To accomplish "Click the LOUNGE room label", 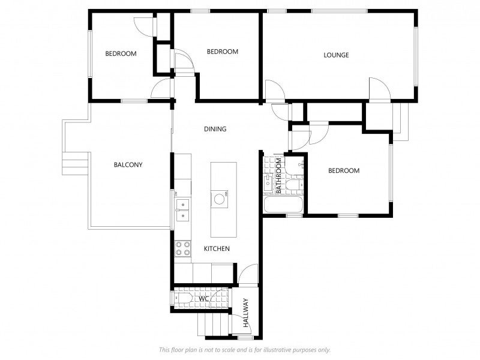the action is coord(336,55).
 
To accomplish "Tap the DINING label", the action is coord(215,129).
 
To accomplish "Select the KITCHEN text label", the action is coord(217,248).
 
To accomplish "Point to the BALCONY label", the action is coord(128,164).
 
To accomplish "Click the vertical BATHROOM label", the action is coord(278,176).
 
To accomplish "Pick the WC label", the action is coord(204,298).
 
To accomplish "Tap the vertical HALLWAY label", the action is coord(246,313).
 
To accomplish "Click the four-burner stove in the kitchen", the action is coord(183,248).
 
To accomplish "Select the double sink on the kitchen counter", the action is coord(182,210).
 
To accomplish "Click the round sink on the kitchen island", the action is coord(219,199).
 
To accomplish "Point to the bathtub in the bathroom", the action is coord(283,205).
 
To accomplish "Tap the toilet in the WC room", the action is coord(182,298).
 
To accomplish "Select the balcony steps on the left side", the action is coord(76,163).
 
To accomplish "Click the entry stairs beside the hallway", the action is coord(214,325).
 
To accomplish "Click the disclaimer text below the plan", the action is coord(245,350).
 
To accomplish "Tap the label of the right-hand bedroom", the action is coord(344,170).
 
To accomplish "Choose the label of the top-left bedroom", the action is coord(121,53).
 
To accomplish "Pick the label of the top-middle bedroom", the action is coord(223,52).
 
